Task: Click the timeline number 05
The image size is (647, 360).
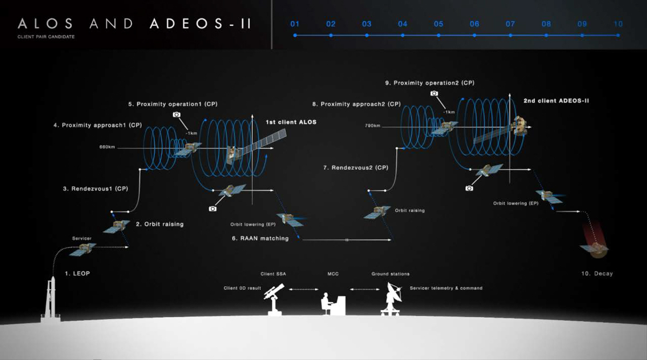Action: pos(438,24)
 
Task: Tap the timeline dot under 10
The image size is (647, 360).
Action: pos(618,36)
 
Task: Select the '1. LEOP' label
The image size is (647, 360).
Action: pos(78,274)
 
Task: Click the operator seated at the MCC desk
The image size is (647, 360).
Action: pos(327,303)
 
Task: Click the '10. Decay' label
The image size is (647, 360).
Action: pos(597,274)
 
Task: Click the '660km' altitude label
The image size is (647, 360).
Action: pos(107,147)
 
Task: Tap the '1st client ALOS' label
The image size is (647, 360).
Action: pos(291,122)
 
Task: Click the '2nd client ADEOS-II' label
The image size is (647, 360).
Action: pos(555,100)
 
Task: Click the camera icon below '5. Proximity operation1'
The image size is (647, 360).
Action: pos(176,114)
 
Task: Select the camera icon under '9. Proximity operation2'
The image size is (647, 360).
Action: pos(434,93)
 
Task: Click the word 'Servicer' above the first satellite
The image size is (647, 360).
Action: pos(82,238)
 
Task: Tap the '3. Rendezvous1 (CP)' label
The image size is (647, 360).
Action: pos(95,189)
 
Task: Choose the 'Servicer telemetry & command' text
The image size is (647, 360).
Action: pos(446,288)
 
